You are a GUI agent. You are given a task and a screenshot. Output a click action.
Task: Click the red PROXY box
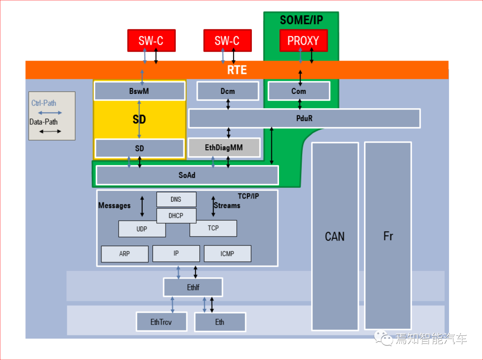point(303,41)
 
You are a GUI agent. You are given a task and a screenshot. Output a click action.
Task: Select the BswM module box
point(139,91)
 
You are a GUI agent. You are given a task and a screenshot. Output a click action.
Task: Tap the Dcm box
point(228,91)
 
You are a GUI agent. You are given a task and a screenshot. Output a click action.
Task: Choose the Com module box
point(299,91)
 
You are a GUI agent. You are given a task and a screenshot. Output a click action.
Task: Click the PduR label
point(305,118)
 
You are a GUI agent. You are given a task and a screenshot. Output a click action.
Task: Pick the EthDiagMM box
point(224,148)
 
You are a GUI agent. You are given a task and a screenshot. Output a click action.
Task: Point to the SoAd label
point(187,175)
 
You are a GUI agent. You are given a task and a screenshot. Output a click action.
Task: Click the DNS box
point(176,199)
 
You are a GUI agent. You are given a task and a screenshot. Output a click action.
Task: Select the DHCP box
point(176,216)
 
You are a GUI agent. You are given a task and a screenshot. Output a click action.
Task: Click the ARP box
point(124,254)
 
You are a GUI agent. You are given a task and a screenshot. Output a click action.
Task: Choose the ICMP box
point(227,254)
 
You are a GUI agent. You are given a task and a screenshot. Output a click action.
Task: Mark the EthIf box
point(193,288)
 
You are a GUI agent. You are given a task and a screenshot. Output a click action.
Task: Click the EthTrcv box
point(161,322)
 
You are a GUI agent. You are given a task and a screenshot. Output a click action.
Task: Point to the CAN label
point(335,237)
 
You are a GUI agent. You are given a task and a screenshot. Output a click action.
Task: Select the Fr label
point(388,237)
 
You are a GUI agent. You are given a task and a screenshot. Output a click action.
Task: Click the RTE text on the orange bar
point(237,70)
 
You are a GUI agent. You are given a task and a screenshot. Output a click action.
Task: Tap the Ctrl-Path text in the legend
point(44,103)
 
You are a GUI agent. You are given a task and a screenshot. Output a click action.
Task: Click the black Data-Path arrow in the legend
point(50,131)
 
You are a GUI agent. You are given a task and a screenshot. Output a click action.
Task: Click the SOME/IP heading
point(301,20)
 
